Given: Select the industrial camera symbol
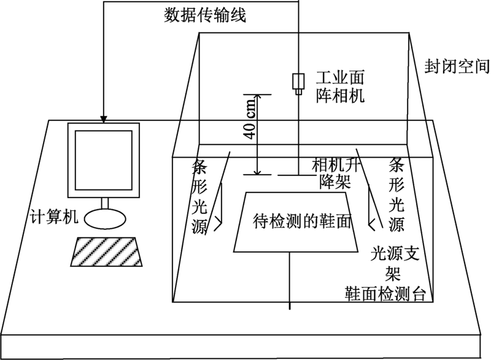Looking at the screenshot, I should pyautogui.click(x=298, y=82).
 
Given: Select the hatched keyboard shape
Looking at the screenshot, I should pyautogui.click(x=106, y=251).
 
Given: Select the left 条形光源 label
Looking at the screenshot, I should pyautogui.click(x=199, y=196).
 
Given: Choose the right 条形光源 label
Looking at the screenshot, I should pyautogui.click(x=396, y=196).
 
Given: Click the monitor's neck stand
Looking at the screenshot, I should pyautogui.click(x=105, y=203).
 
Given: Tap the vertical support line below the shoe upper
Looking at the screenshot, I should pyautogui.click(x=289, y=279).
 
